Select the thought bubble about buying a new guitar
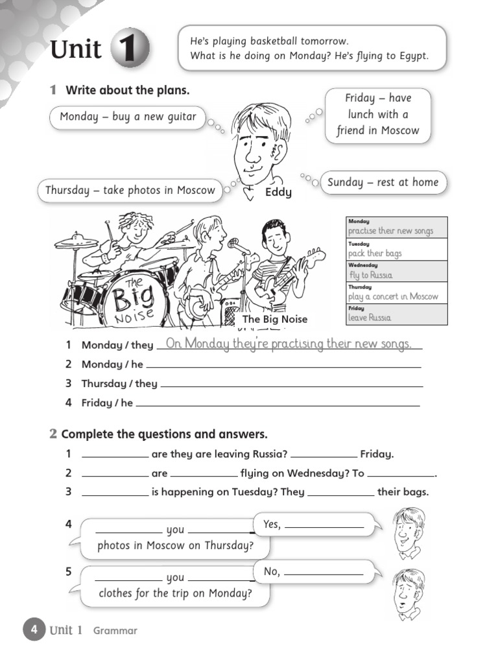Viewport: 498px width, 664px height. click(127, 117)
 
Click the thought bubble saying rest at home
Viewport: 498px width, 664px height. click(383, 182)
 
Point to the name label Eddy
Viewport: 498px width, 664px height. click(278, 193)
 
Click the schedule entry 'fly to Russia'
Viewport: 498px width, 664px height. click(370, 275)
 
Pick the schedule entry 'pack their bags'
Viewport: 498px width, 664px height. click(375, 254)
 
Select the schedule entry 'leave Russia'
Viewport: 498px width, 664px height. click(370, 318)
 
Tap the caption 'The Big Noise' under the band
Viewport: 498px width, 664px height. click(274, 319)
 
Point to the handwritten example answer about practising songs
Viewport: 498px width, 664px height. click(289, 344)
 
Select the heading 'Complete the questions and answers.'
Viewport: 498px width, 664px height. click(164, 434)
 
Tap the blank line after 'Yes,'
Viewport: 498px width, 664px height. click(324, 527)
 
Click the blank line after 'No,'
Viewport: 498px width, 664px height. click(324, 575)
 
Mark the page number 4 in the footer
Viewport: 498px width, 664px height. click(34, 630)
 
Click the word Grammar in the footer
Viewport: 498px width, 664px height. click(115, 630)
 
